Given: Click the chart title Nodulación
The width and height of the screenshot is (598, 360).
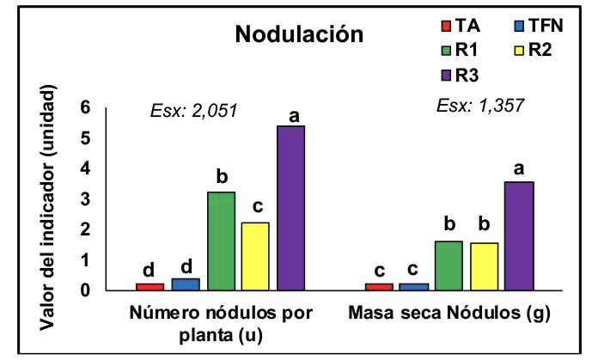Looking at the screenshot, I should (x=300, y=35).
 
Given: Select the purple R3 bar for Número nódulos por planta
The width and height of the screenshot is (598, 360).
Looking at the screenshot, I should (x=290, y=208).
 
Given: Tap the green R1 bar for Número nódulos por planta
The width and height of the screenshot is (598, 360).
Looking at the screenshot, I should (x=221, y=241).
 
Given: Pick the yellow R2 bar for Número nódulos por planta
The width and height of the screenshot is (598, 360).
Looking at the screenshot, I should (x=255, y=256).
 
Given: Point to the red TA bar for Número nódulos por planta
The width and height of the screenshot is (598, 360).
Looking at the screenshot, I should (x=150, y=286).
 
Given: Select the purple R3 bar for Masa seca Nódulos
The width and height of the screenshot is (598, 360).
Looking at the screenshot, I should (x=519, y=236).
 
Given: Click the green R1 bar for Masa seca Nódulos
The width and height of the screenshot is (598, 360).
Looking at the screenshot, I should (x=448, y=265).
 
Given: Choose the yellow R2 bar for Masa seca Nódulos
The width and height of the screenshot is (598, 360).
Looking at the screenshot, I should (x=484, y=266).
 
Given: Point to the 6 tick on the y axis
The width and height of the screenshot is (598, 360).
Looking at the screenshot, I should (x=84, y=107).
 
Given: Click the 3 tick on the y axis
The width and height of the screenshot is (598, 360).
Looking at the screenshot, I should (x=84, y=198).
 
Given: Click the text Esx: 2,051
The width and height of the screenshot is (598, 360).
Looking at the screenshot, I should (x=193, y=109).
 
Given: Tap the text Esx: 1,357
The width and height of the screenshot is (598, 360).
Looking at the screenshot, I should (x=480, y=106).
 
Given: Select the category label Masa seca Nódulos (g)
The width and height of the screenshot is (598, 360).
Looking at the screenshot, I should (x=450, y=314).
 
